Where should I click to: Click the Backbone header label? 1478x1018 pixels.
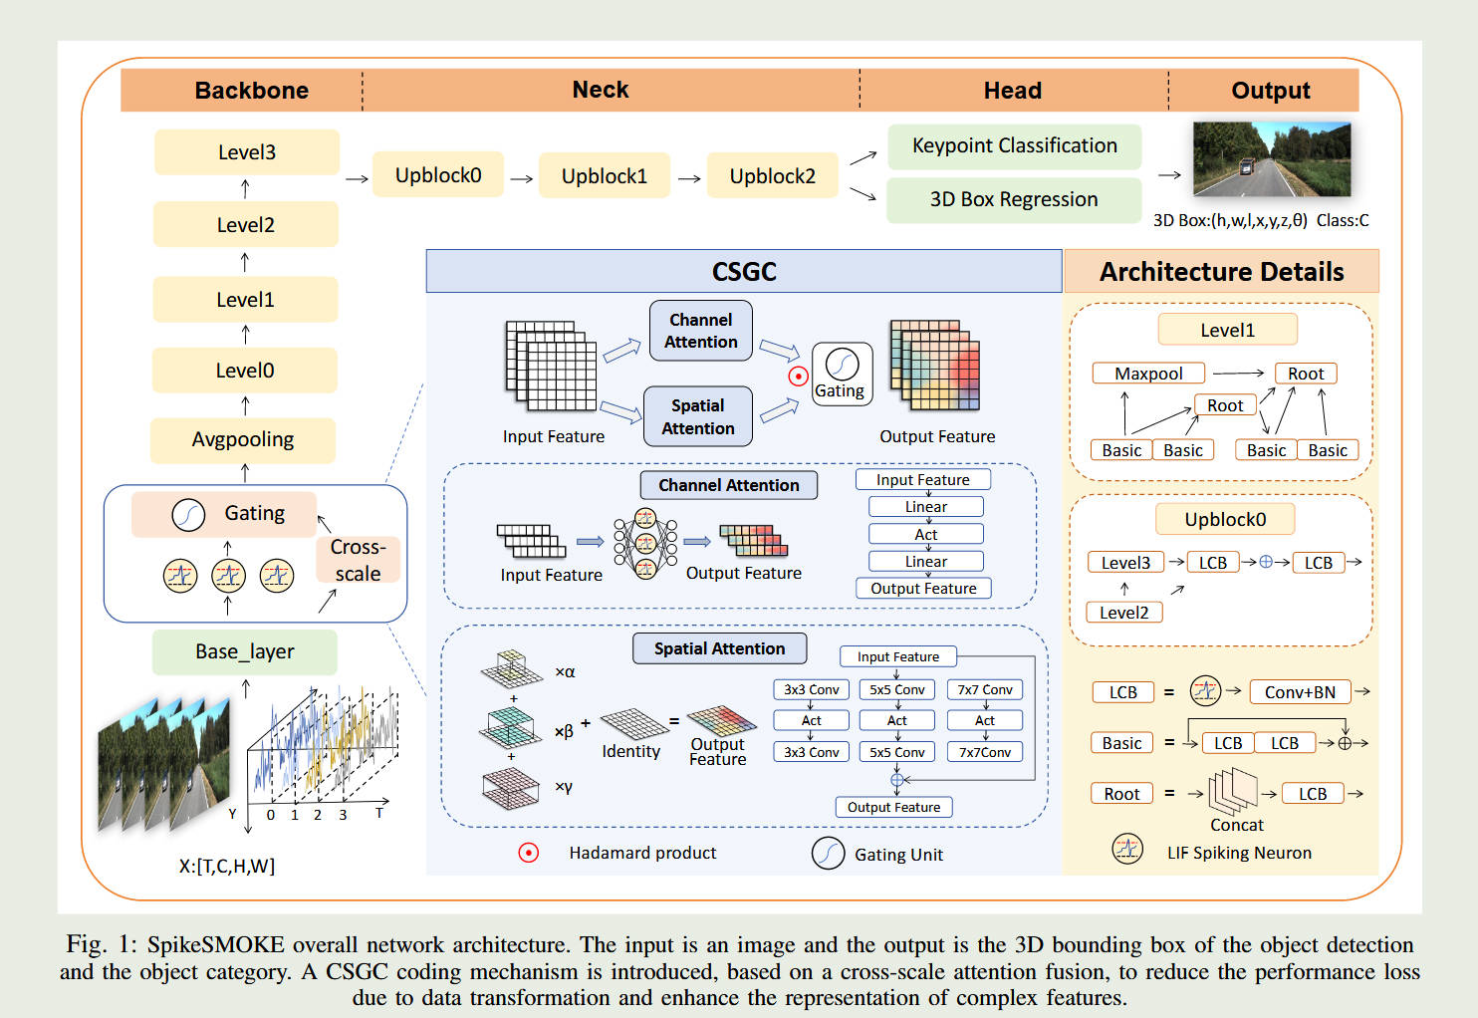[251, 91]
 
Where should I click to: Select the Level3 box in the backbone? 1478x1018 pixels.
[246, 152]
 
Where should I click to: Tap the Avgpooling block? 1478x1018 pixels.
[243, 440]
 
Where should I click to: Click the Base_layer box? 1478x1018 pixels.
[245, 652]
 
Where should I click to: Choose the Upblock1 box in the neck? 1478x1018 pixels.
[604, 176]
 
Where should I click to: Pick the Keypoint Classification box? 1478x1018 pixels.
[1014, 146]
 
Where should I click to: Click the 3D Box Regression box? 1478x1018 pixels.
[1013, 199]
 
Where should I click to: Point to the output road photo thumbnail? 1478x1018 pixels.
[1271, 159]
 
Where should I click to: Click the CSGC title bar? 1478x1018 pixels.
[743, 272]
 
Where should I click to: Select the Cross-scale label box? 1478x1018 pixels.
[359, 560]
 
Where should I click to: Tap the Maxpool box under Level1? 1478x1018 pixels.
[1148, 374]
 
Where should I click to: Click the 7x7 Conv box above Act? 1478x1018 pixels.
[984, 689]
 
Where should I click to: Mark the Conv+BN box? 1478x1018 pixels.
[1300, 692]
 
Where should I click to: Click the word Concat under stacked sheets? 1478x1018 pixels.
[1236, 826]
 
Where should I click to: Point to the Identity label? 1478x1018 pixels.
[630, 752]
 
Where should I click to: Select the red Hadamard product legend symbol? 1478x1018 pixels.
[529, 853]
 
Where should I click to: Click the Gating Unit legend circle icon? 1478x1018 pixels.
[828, 854]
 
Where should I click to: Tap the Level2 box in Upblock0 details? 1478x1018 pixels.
[1123, 613]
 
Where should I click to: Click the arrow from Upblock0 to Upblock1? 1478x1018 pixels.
[522, 179]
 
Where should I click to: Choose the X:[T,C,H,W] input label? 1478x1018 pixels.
[226, 867]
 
